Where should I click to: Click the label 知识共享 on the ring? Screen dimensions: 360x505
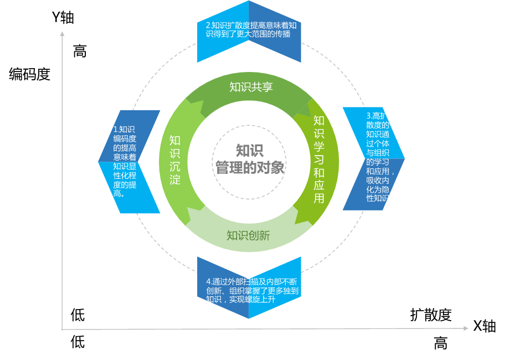[251, 87]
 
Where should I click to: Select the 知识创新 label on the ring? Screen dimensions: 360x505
[248, 235]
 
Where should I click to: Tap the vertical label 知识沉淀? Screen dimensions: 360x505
[175, 160]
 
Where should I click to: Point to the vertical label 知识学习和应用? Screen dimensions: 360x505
[319, 159]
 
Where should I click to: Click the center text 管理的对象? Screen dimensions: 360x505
[250, 167]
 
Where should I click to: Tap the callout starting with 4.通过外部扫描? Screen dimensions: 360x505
[249, 290]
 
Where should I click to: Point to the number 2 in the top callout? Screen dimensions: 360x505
[208, 25]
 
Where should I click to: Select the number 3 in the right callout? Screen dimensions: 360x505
[369, 116]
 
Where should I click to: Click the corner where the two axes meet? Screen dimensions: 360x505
[62, 330]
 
